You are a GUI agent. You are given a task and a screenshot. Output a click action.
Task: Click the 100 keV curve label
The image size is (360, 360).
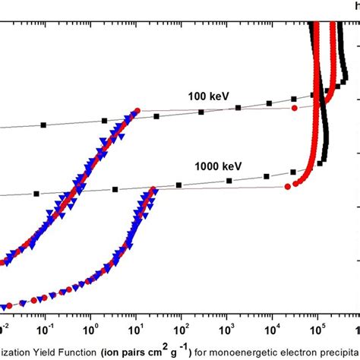pos(209,96)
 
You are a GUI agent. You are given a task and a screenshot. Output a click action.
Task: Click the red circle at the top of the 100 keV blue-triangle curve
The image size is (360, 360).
pos(137,111)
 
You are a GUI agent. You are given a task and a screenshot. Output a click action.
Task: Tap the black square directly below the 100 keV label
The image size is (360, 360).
pos(201,112)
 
